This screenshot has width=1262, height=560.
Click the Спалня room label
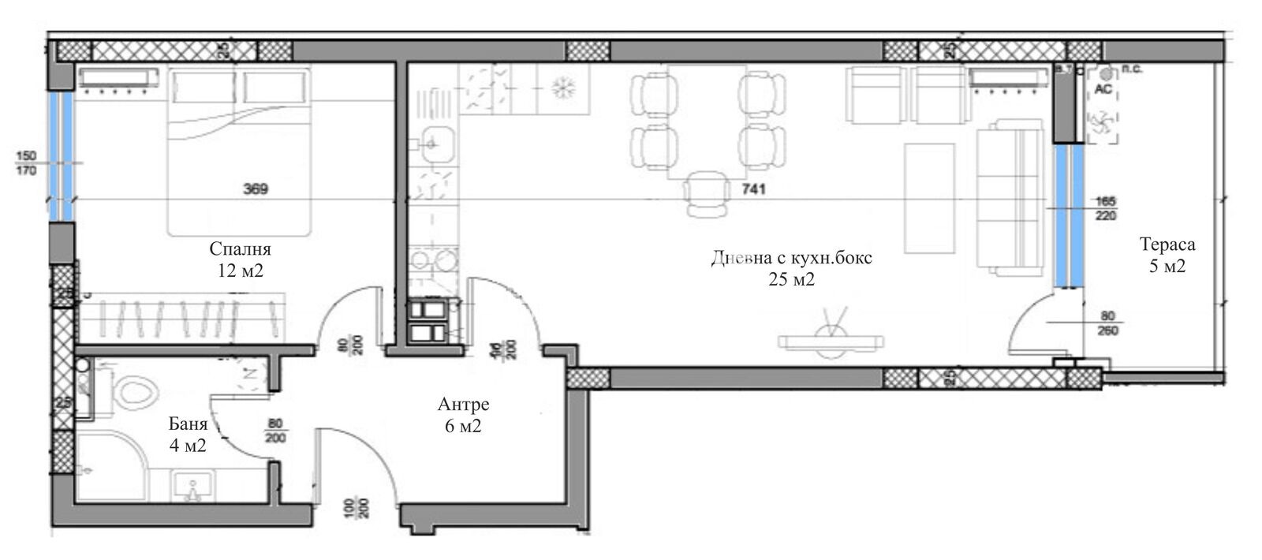[240, 249]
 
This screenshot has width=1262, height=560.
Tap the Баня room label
[188, 424]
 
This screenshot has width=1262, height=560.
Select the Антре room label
[464, 405]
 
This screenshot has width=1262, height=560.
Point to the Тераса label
[1167, 245]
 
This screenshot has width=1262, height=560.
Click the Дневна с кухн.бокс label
[792, 258]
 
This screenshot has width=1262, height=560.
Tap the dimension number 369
[256, 189]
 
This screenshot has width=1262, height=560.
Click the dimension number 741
[753, 189]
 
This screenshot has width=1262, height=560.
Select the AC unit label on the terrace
[1103, 89]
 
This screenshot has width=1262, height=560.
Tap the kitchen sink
[431, 144]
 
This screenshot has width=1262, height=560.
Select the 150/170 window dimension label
[25, 164]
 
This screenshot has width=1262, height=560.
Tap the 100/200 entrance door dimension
[357, 510]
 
